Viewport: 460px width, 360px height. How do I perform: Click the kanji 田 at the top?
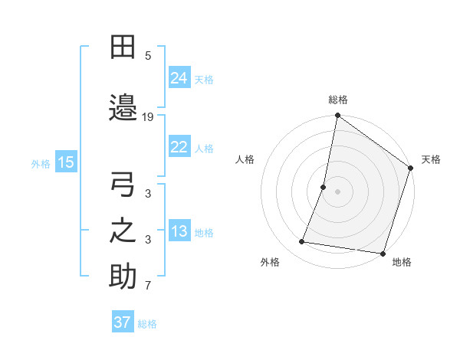coord(123,47)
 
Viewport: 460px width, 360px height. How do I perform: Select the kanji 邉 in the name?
coord(123,107)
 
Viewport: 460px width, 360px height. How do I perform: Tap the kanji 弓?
coord(123,186)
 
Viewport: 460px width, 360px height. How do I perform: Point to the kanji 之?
coord(123,231)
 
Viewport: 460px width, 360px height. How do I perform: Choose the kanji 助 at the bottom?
coord(123,277)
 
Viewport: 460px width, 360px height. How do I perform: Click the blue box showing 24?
coord(179,77)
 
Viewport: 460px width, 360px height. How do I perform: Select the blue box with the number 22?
coord(179,147)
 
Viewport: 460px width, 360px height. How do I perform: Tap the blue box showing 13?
coord(179,231)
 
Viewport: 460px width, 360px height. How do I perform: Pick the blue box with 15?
coord(65,162)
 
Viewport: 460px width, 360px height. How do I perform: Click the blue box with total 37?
coord(123,322)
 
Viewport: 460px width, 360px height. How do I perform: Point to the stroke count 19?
coord(148,116)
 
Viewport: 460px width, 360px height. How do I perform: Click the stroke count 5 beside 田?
coord(148,55)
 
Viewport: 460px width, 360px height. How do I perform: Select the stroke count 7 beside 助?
coord(148,286)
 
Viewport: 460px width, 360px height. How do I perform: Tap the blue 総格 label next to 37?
coord(147,324)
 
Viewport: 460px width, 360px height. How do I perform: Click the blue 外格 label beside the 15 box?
coord(41,163)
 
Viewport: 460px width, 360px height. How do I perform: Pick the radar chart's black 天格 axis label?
coord(431,159)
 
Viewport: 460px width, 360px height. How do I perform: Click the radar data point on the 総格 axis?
coord(337,116)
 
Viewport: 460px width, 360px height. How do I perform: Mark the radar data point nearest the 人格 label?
coord(324,187)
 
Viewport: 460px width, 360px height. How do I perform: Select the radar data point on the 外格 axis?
coord(302,242)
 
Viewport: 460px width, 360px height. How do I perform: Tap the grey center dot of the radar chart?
coord(337,191)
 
